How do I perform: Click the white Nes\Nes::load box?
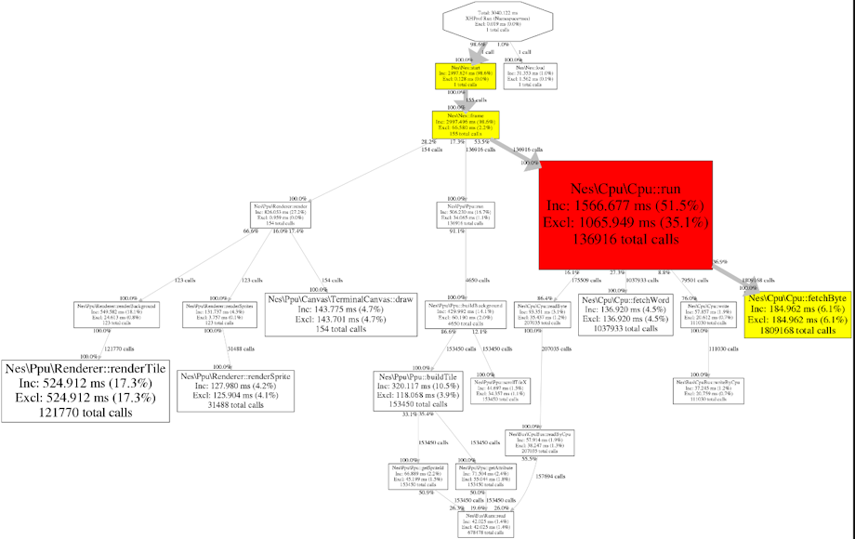click(x=529, y=75)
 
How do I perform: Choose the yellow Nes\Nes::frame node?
click(x=465, y=124)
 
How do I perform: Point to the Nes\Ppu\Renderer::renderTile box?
click(x=85, y=390)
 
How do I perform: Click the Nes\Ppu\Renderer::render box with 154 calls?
click(x=281, y=215)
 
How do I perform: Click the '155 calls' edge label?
click(x=475, y=99)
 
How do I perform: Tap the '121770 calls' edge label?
click(x=122, y=348)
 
